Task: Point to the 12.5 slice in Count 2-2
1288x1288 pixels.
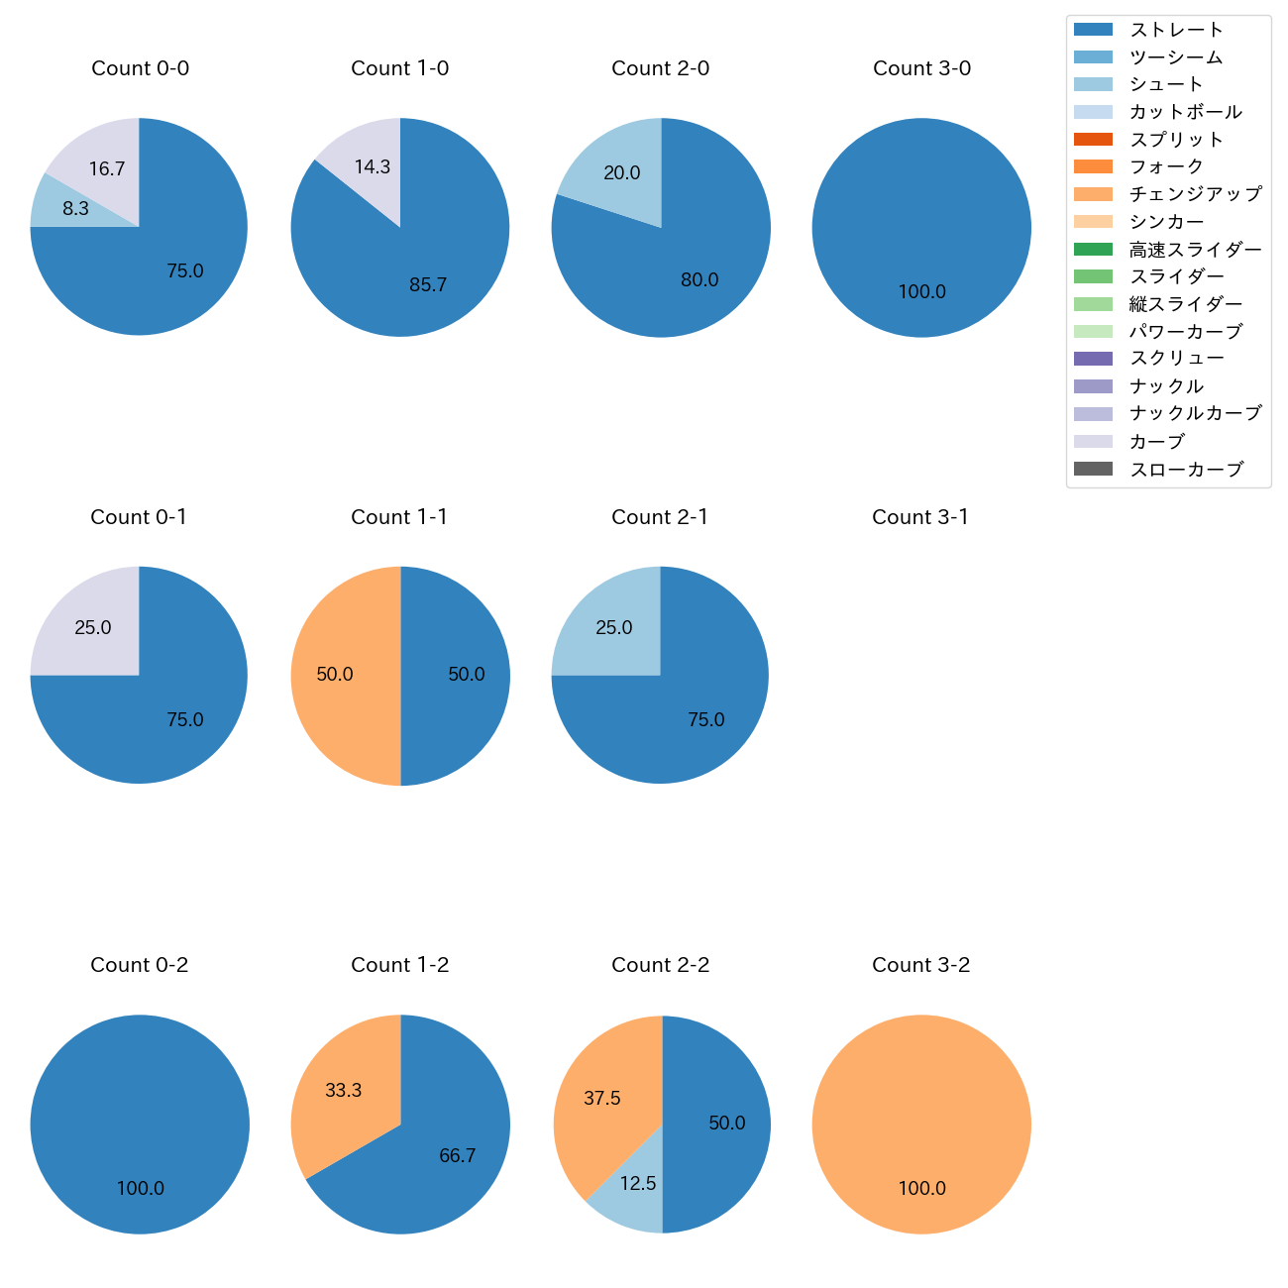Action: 632,1189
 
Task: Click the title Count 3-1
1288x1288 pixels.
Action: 920,517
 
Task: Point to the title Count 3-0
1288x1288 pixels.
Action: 921,68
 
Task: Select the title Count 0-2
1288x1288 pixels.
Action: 139,965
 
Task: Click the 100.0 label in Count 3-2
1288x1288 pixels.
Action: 921,1188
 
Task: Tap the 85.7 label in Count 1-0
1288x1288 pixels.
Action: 428,285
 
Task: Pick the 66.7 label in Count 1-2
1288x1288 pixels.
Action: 458,1156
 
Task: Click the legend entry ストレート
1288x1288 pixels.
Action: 1176,30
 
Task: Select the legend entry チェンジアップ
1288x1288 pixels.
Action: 1195,194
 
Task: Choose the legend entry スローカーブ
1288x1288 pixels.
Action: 1186,470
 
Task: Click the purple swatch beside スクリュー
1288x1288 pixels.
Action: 1093,359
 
